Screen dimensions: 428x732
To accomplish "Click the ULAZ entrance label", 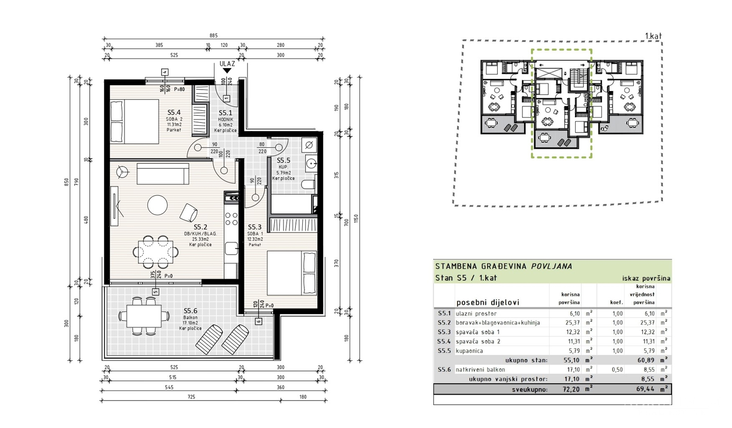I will [x=227, y=64].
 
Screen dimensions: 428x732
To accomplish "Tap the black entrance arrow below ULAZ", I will [x=227, y=71].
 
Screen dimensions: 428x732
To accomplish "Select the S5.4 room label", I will [x=174, y=113].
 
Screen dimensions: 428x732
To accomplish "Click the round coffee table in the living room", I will [x=158, y=205].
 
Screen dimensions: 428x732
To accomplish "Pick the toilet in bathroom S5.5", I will [x=308, y=184].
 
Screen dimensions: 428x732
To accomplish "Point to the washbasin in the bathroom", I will [x=311, y=163].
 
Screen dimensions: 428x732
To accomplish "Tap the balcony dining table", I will [x=144, y=316].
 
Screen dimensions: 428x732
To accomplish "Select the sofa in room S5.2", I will [x=163, y=174].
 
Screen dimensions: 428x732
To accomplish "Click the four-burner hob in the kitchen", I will [x=231, y=219].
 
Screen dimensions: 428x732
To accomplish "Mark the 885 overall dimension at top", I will [x=213, y=36].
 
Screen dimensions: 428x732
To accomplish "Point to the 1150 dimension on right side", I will [x=356, y=218].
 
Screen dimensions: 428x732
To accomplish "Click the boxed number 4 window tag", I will [x=165, y=72].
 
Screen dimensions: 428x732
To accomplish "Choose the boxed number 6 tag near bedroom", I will [x=258, y=321].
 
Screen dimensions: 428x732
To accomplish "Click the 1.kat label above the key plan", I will [x=653, y=36].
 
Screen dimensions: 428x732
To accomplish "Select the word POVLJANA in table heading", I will [x=552, y=266].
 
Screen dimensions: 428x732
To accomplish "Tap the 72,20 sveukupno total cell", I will [x=571, y=390].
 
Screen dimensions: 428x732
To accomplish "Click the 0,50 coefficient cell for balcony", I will [x=617, y=370].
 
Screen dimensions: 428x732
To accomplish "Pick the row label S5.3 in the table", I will [x=444, y=332].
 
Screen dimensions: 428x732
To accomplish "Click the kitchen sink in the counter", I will [x=231, y=249].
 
